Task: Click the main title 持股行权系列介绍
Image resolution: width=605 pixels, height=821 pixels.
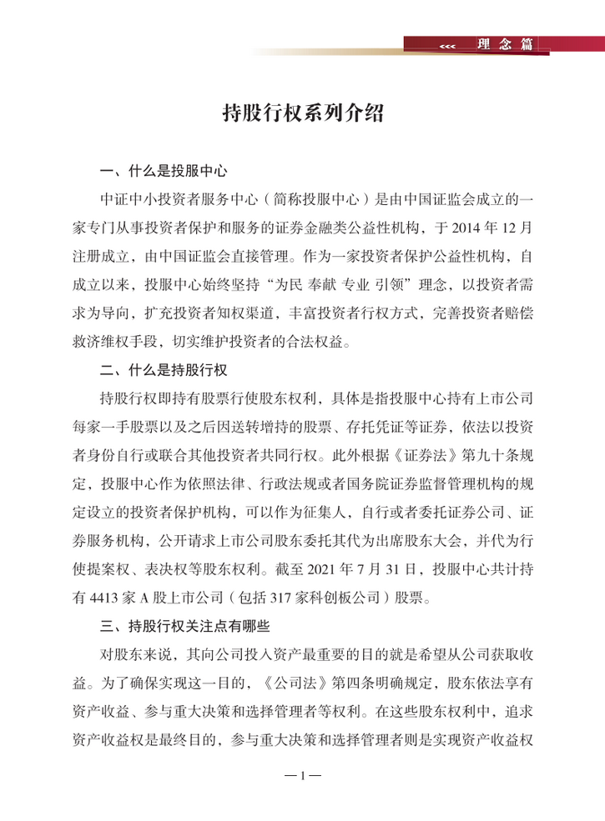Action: pyautogui.click(x=302, y=114)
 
